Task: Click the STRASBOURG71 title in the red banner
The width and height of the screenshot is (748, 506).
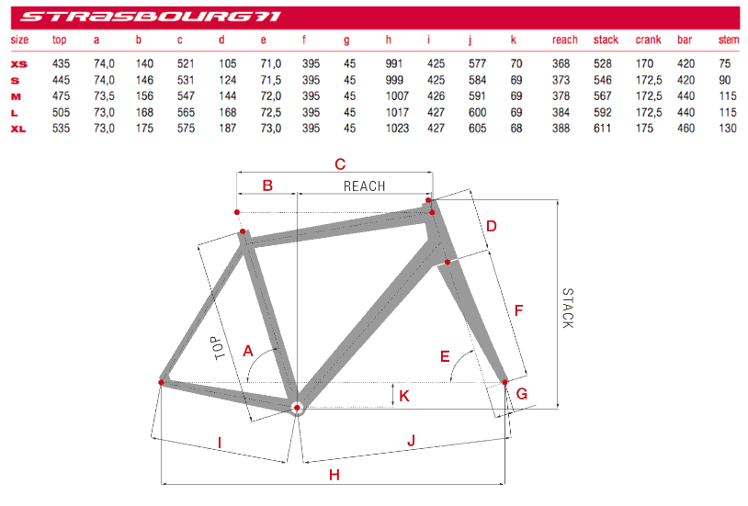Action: pos(151,16)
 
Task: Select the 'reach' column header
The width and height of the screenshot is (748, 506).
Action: pos(564,39)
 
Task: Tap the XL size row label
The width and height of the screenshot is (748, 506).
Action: pos(18,129)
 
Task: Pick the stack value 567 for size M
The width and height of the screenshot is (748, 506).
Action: pos(605,96)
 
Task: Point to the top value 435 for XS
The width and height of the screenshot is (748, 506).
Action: pos(61,63)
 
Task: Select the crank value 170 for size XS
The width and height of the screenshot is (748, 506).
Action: pos(645,63)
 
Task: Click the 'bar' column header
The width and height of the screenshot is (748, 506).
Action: pos(685,39)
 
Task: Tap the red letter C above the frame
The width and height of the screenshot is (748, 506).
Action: pos(339,164)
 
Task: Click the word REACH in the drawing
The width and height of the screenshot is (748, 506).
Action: pos(364,186)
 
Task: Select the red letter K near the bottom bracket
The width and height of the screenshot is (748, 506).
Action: pos(404,396)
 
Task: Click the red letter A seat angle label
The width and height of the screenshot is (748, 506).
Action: pos(247,350)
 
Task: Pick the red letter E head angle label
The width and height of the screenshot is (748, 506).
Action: pos(446,355)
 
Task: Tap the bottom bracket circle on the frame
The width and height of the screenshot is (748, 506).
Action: pos(297,407)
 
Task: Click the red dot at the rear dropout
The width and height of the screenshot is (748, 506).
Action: pos(162,381)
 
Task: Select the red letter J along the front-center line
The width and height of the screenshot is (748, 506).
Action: pos(411,441)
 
